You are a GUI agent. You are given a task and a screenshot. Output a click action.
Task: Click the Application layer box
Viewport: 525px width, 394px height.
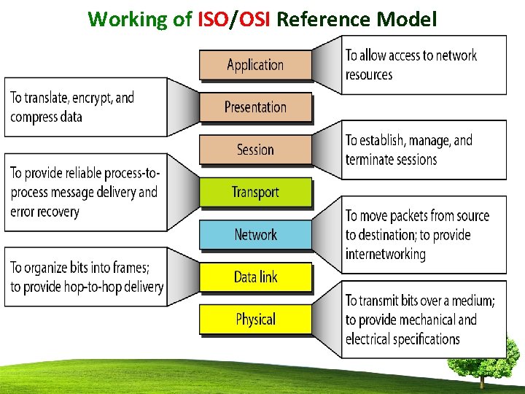tap(255, 65)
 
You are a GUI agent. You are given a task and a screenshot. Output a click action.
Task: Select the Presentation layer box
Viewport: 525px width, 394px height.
tap(255, 107)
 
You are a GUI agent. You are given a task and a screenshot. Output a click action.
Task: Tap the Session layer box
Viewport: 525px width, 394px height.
tap(255, 150)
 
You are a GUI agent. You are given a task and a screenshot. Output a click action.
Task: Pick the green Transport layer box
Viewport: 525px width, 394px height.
tap(255, 192)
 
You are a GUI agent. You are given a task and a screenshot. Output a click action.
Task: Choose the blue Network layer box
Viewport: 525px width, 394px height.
tap(255, 234)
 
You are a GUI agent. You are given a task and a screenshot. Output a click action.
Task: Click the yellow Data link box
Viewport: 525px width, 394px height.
tap(255, 277)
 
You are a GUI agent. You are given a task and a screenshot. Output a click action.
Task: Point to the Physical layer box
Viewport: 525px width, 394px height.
tap(255, 319)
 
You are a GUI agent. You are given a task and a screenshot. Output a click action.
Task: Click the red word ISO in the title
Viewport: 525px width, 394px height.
tap(213, 19)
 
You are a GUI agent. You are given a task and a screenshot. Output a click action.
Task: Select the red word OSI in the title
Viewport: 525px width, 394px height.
tap(252, 19)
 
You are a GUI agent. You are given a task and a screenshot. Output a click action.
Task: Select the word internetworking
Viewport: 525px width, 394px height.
tap(385, 255)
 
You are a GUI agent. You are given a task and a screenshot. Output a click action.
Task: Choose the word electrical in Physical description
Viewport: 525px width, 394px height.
tap(367, 339)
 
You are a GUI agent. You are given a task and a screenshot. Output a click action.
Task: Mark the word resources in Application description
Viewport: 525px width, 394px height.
tap(369, 75)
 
